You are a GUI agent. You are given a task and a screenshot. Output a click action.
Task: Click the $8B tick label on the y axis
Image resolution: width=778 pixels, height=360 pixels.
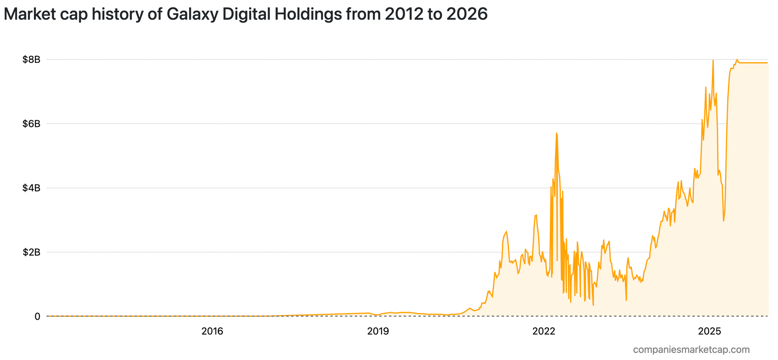pos(31,60)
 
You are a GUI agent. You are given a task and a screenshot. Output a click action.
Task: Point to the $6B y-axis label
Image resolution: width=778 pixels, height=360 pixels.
pos(31,124)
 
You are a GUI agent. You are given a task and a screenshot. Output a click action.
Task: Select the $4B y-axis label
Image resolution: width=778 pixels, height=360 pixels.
pos(31,188)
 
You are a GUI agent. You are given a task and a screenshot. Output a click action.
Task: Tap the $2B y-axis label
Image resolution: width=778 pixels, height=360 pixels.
pos(31,252)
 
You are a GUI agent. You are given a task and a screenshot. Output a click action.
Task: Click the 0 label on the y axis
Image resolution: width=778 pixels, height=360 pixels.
pos(37,316)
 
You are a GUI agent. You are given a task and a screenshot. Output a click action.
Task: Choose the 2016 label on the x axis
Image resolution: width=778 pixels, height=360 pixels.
pos(212,332)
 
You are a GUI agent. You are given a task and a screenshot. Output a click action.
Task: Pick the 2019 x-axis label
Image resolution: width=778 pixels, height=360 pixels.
pos(378,332)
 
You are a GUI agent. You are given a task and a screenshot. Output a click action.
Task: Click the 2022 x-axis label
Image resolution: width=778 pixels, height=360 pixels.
pos(544,332)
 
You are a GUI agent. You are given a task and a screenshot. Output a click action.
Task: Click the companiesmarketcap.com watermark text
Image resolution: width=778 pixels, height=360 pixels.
pos(691,349)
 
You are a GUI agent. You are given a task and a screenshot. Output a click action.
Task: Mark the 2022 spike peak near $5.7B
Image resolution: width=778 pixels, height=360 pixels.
pos(557,133)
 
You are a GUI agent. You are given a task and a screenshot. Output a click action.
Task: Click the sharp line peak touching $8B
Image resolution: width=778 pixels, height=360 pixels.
pos(713,60)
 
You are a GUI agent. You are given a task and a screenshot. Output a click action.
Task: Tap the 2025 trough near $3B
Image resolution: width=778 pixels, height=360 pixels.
pos(724,221)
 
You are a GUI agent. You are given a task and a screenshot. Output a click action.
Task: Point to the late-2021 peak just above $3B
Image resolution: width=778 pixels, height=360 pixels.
pos(536,215)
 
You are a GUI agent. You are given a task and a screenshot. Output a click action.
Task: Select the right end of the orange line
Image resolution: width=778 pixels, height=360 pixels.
pos(767,63)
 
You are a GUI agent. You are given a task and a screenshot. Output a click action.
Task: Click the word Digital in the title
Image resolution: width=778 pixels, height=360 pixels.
pos(249,14)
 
